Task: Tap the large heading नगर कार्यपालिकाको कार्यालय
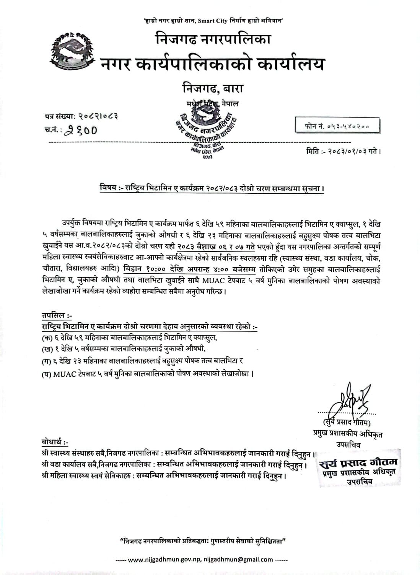coord(212,64)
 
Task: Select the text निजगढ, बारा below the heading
coord(213,89)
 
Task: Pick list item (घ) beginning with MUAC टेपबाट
coord(148,373)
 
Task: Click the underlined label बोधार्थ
coord(55,443)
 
